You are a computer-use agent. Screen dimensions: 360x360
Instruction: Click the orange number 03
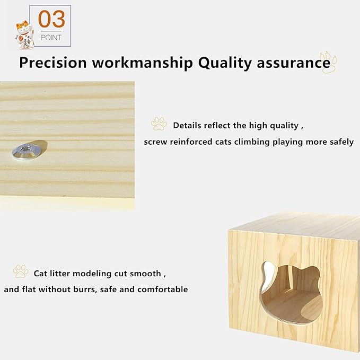coord(52,20)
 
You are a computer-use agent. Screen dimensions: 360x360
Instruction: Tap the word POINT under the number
coord(51,38)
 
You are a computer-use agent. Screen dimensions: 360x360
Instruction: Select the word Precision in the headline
coord(52,63)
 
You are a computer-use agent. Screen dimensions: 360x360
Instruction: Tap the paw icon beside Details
coord(159,124)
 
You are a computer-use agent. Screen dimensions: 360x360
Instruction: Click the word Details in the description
coord(188,126)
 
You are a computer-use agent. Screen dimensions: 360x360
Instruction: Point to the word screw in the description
coord(156,142)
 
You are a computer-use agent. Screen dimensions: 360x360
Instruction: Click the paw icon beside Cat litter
coord(21,272)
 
